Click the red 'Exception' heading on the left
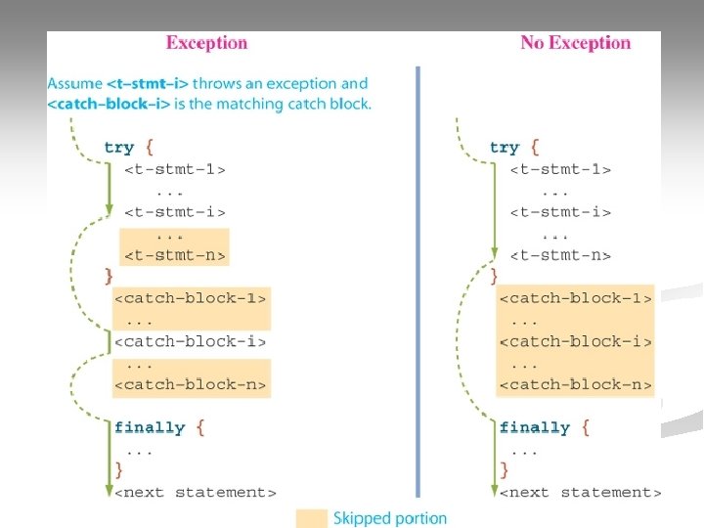[206, 43]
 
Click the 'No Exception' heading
[575, 43]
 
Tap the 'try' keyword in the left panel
[118, 148]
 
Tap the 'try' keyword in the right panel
[504, 148]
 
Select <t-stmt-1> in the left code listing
[175, 169]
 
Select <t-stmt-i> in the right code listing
[560, 212]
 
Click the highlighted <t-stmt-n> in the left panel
[175, 255]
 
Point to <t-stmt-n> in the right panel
[560, 255]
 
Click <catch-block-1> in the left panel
[191, 298]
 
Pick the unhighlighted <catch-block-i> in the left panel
[191, 341]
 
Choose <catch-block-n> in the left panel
[191, 384]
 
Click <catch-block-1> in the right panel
[576, 298]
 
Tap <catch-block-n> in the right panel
[576, 384]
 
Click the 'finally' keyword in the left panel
[149, 427]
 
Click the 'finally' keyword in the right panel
[534, 427]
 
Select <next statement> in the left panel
[196, 492]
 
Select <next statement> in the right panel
[581, 492]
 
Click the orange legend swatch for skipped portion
[312, 518]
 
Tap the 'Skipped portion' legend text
[389, 518]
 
